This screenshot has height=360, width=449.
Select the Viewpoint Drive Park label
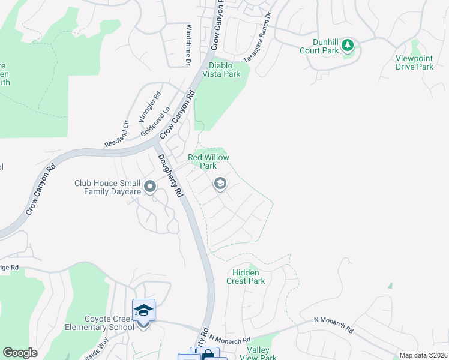pyautogui.click(x=414, y=62)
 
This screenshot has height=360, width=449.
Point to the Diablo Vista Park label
pyautogui.click(x=224, y=70)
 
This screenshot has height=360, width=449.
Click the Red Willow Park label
pyautogui.click(x=208, y=161)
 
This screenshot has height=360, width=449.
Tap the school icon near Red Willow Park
pyautogui.click(x=220, y=184)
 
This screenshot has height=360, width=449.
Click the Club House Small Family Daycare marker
pyautogui.click(x=149, y=187)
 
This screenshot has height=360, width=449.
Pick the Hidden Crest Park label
pyautogui.click(x=246, y=277)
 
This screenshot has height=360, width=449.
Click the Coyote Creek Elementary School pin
pyautogui.click(x=143, y=312)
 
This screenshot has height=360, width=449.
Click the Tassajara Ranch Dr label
pyautogui.click(x=258, y=37)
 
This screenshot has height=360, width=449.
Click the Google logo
pyautogui.click(x=20, y=353)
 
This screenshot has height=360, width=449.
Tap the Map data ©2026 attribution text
pyautogui.click(x=423, y=355)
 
